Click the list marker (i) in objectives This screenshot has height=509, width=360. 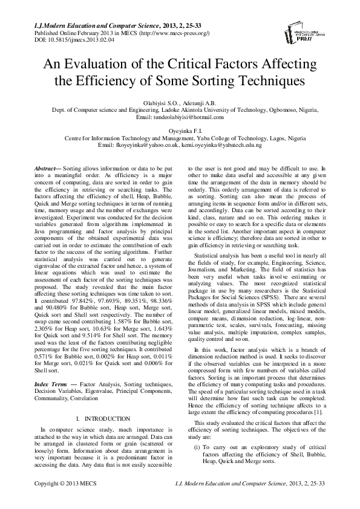(x=197, y=428)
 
